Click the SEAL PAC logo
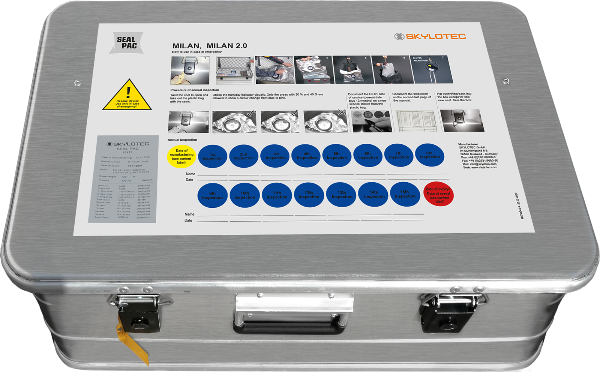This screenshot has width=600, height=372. [x=126, y=43]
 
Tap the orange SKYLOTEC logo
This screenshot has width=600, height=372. [x=430, y=36]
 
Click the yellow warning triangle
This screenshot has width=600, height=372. [x=127, y=96]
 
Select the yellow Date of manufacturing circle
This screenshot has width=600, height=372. [x=181, y=156]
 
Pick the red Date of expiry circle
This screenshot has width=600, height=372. [x=438, y=195]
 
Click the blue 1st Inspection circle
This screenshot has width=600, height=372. [x=213, y=156]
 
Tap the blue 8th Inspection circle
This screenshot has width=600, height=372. [x=430, y=155]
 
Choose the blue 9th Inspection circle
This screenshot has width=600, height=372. [x=212, y=195]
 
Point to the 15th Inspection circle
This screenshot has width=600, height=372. [x=405, y=194]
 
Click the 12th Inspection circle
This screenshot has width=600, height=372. [x=309, y=195]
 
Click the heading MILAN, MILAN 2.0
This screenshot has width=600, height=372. [x=209, y=46]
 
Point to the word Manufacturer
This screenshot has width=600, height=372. [x=468, y=144]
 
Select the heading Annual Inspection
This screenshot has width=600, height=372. [x=182, y=140]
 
